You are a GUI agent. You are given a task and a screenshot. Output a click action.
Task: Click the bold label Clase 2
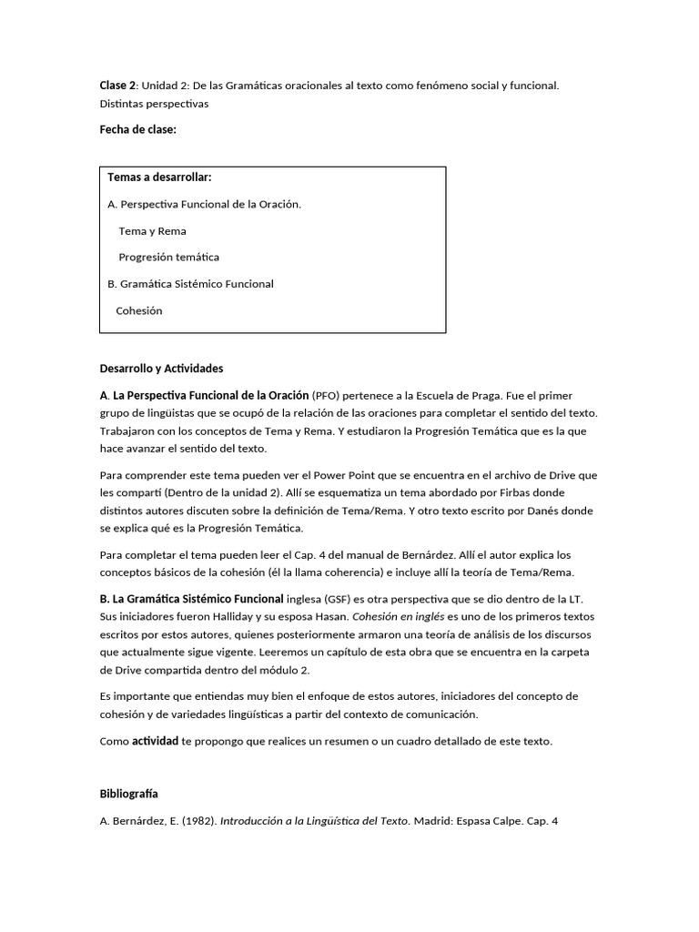pos(117,86)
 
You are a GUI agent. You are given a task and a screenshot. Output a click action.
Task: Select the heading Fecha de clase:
pos(137,130)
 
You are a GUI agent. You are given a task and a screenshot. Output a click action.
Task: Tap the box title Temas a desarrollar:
pos(159,177)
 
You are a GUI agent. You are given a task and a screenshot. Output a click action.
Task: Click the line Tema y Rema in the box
pos(152,231)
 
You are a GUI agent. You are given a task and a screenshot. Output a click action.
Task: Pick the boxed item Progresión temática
pos(168,258)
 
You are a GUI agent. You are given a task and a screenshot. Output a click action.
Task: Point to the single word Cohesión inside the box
pos(139,310)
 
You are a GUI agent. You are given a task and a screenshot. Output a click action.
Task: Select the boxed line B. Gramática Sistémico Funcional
pos(190,284)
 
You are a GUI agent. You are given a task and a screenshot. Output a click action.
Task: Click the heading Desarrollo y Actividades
pos(161,369)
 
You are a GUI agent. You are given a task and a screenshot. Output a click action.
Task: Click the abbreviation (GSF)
pos(332,599)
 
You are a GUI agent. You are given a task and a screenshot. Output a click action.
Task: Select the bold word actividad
pos(155,741)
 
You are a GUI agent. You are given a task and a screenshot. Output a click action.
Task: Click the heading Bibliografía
pos(128,795)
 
